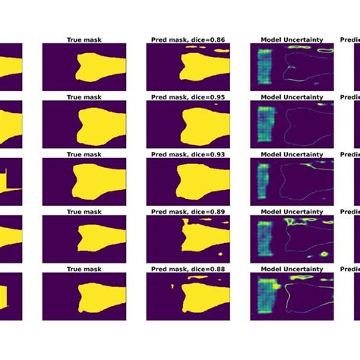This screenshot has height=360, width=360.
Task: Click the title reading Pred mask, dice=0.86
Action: pyautogui.click(x=188, y=38)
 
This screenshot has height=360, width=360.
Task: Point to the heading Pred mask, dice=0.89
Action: pyautogui.click(x=188, y=212)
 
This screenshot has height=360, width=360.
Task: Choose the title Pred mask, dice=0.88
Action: pyautogui.click(x=188, y=269)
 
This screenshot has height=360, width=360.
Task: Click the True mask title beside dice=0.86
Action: pyautogui.click(x=84, y=38)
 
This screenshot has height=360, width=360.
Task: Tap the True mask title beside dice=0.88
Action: pyautogui.click(x=84, y=269)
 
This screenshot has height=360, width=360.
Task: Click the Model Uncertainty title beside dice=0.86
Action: pyautogui.click(x=292, y=38)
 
